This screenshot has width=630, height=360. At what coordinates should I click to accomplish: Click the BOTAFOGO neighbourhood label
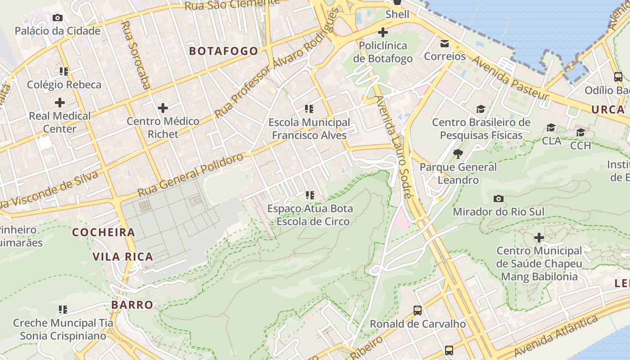(224, 51)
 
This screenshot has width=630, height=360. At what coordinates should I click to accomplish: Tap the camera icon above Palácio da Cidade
(58, 18)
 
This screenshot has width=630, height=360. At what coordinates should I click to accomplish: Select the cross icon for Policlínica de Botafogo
(383, 32)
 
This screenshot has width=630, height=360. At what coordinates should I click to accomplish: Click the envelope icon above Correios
(445, 44)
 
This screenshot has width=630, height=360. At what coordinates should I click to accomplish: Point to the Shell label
(397, 14)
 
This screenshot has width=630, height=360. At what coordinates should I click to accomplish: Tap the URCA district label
(608, 109)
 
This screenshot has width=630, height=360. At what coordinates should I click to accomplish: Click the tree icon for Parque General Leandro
(458, 154)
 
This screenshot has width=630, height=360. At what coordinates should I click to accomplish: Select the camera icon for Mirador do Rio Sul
(499, 198)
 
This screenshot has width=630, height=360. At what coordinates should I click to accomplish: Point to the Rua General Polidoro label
(190, 175)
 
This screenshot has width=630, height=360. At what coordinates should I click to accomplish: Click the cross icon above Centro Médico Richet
(163, 108)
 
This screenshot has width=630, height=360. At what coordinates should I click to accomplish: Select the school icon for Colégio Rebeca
(63, 71)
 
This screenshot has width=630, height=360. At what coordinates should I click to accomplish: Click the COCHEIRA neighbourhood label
(103, 232)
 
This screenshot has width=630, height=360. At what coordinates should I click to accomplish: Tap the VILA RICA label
(122, 257)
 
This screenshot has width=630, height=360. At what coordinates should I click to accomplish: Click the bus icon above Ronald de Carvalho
(418, 310)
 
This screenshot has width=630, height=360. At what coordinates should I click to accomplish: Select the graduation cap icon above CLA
(551, 128)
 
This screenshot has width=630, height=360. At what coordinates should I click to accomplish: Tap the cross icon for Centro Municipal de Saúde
(539, 237)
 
